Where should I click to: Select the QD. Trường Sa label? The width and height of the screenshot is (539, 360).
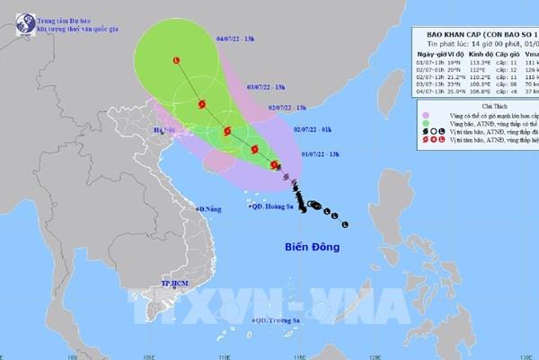278,319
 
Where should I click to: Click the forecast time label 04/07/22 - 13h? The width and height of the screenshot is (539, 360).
209,38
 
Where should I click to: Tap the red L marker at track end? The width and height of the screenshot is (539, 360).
175,60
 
